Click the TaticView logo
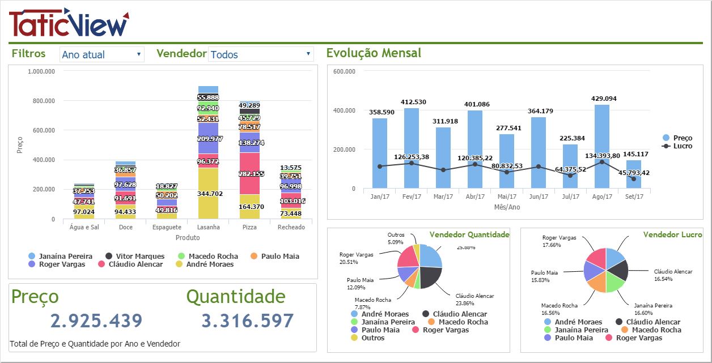pyautogui.click(x=69, y=23)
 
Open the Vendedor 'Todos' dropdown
pyautogui.click(x=261, y=54)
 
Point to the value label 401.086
pyautogui.click(x=475, y=104)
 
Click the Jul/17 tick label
pyautogui.click(x=570, y=197)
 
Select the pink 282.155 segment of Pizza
pyautogui.click(x=249, y=173)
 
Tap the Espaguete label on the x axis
pyautogui.click(x=167, y=227)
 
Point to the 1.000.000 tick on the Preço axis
pyautogui.click(x=41, y=72)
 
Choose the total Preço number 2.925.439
pyautogui.click(x=96, y=321)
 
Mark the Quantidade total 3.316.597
pyautogui.click(x=248, y=321)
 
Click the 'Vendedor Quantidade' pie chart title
pyautogui.click(x=469, y=234)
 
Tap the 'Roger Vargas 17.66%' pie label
pyautogui.click(x=560, y=242)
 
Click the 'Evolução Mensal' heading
pyautogui.click(x=374, y=53)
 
